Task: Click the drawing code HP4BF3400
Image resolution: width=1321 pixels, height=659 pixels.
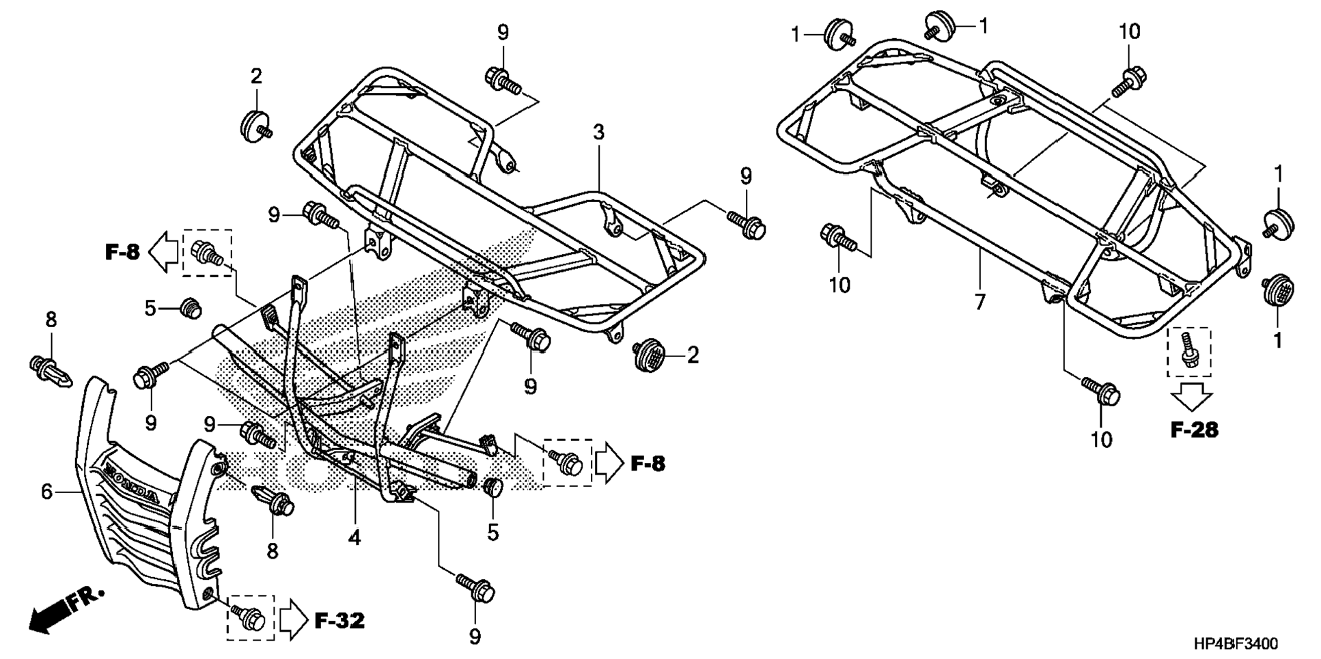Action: tap(1236, 643)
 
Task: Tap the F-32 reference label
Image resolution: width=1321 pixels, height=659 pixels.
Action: tap(339, 620)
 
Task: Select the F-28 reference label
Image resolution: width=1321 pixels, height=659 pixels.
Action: tap(1194, 430)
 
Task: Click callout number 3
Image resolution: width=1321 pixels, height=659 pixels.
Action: tap(599, 132)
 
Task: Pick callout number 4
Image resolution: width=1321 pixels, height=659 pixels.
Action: tap(354, 538)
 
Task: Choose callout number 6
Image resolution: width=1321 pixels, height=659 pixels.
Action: tap(46, 491)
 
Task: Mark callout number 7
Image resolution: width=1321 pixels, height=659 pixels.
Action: tap(980, 302)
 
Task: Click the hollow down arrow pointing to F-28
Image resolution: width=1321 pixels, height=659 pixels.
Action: tap(1193, 396)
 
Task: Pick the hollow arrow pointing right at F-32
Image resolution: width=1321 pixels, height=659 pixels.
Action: tap(294, 620)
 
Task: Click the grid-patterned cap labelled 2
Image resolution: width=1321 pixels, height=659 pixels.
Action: tap(647, 355)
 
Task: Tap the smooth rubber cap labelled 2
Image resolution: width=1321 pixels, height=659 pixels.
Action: tap(255, 126)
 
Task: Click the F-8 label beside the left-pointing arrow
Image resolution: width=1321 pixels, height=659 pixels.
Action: tap(122, 253)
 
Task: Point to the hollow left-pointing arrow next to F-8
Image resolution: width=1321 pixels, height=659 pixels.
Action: tap(163, 252)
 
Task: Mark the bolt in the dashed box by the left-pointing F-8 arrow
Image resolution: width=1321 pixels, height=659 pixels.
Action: tap(206, 253)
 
